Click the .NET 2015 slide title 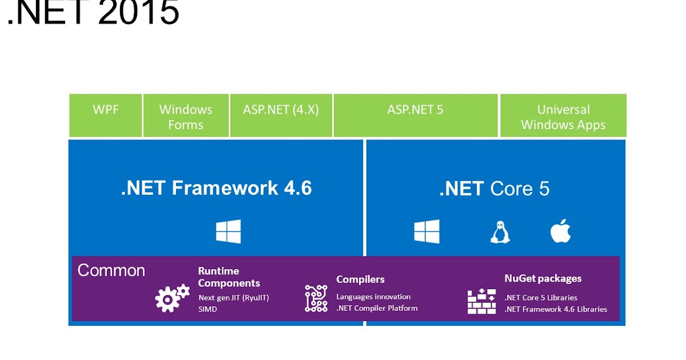[93, 13]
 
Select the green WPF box [106, 115]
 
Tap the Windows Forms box [186, 117]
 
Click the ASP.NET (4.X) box [281, 115]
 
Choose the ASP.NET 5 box [415, 115]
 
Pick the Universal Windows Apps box [563, 117]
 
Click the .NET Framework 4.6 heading [216, 188]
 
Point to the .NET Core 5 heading [494, 189]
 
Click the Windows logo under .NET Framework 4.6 [228, 231]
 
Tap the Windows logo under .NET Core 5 [427, 231]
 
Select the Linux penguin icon [500, 232]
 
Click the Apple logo [560, 231]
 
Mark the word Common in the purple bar [111, 270]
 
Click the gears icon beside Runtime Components [172, 298]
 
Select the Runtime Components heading [229, 277]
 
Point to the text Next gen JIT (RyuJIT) [233, 298]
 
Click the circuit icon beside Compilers [316, 298]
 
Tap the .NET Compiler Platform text [377, 308]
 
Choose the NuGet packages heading [543, 278]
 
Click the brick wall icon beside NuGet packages [481, 301]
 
